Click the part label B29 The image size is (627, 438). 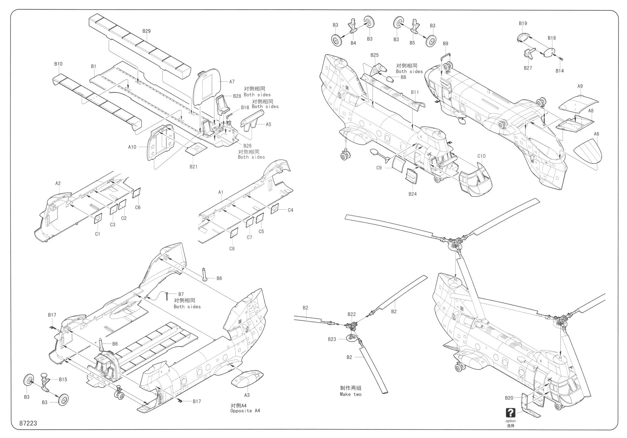(x=146, y=31)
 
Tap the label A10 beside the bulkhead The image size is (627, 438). (x=132, y=147)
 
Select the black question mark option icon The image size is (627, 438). (x=511, y=413)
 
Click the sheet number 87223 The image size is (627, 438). (x=28, y=423)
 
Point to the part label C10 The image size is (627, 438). (x=481, y=156)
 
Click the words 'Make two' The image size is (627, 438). (x=351, y=394)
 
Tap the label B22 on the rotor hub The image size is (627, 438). (x=352, y=314)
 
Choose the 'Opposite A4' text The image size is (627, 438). (x=245, y=411)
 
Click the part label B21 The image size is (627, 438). (x=194, y=167)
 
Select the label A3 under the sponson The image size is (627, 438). (x=247, y=395)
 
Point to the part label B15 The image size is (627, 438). (x=63, y=379)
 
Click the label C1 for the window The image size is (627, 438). (x=98, y=234)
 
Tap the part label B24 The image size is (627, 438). (x=413, y=194)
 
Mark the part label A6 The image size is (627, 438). (x=596, y=134)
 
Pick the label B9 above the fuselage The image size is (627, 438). (x=446, y=44)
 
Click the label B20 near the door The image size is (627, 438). (x=509, y=398)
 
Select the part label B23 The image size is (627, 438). (x=332, y=339)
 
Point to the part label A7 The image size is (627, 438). (x=232, y=82)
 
